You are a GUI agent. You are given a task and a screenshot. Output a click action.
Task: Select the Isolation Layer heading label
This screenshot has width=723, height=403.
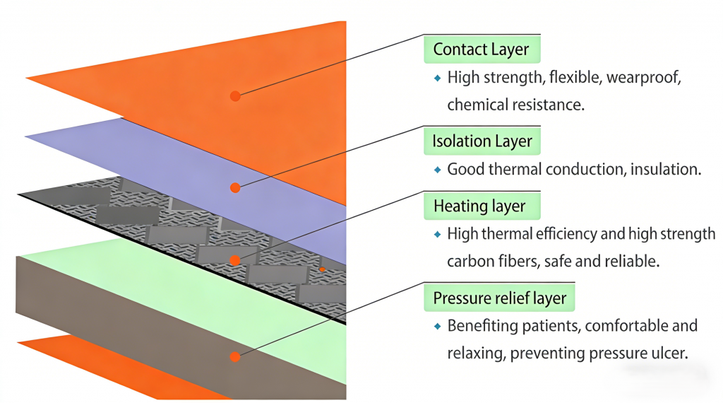(482, 141)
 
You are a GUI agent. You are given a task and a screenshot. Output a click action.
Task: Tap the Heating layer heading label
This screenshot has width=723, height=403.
(479, 206)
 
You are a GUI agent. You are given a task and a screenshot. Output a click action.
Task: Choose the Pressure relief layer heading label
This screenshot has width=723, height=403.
(500, 298)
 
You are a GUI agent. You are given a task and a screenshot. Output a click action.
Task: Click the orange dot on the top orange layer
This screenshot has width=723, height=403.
(235, 95)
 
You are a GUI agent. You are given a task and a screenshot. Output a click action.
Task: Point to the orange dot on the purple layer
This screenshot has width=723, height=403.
(235, 188)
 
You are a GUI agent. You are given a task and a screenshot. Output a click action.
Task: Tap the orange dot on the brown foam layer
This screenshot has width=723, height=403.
(235, 357)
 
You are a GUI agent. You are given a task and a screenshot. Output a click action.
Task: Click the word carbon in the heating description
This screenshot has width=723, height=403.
(470, 261)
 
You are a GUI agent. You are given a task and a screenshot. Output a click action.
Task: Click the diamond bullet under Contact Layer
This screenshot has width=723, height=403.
(437, 78)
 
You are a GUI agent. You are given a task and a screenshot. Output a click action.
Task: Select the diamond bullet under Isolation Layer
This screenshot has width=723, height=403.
(437, 170)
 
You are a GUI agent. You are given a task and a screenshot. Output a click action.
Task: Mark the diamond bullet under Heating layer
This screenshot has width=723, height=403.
(437, 234)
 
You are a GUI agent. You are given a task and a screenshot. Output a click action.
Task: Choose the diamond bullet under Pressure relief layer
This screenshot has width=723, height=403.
(437, 326)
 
